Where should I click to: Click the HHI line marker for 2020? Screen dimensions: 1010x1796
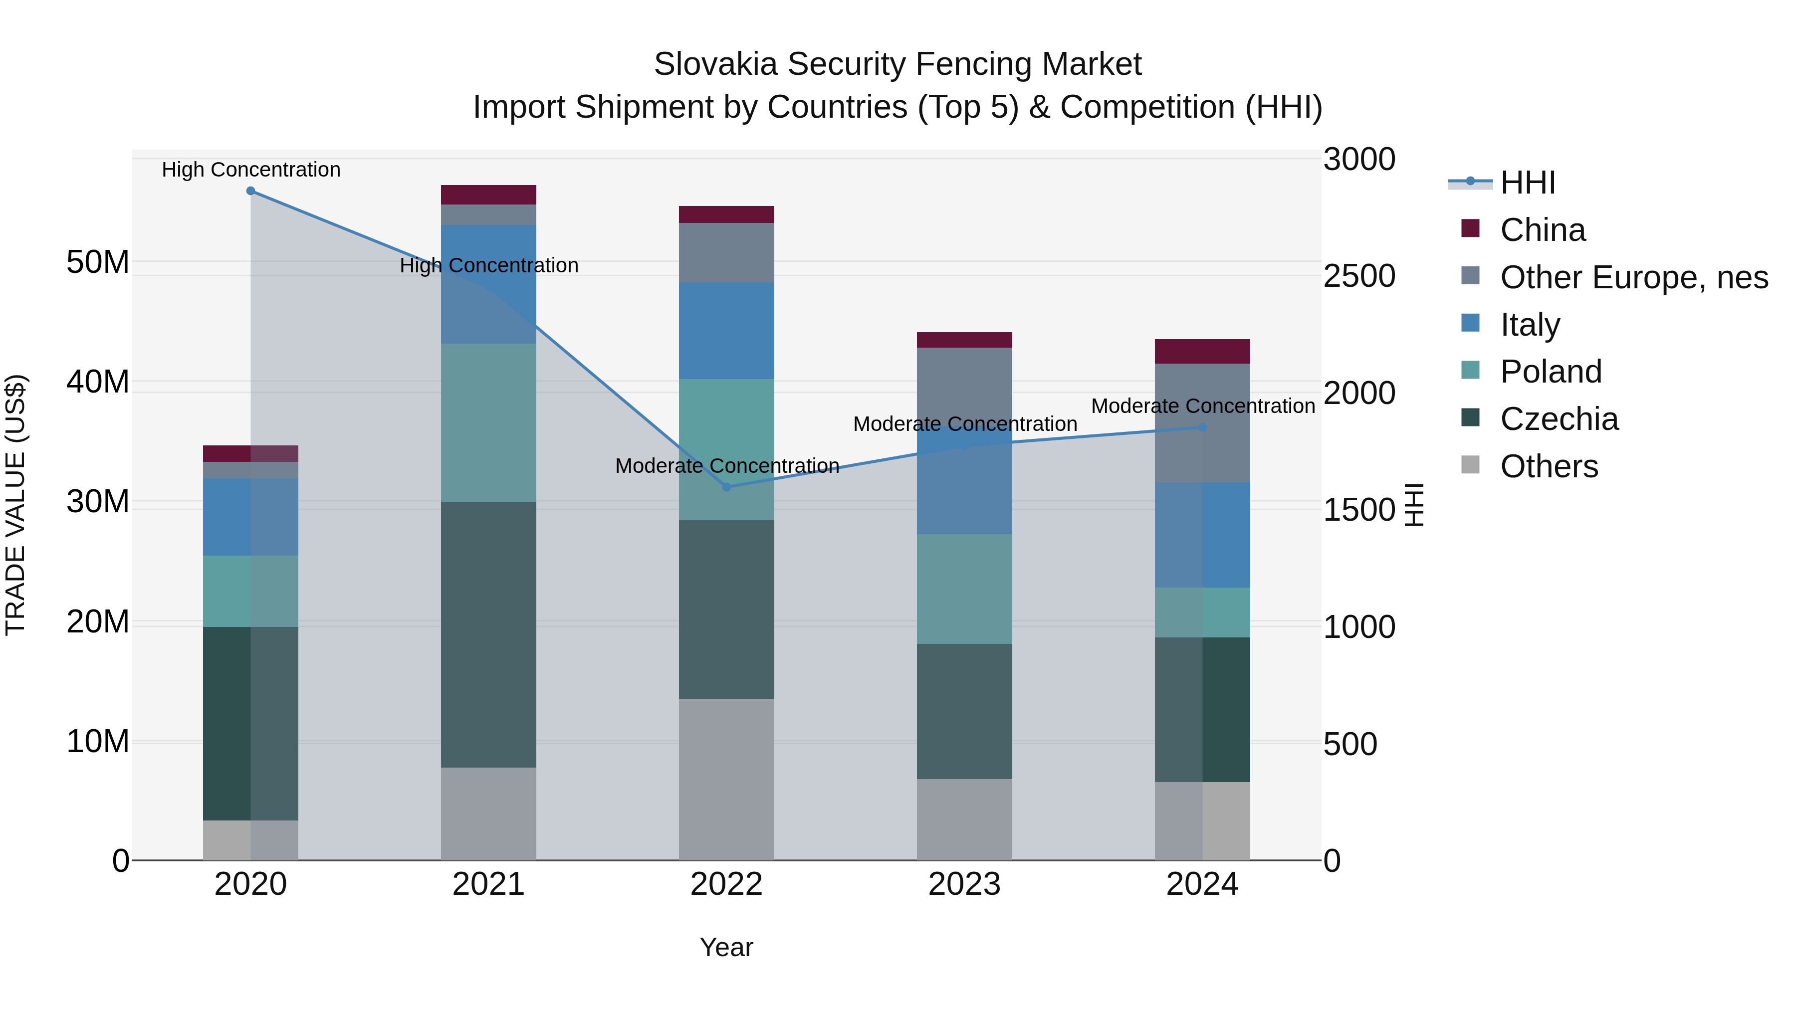[x=250, y=191]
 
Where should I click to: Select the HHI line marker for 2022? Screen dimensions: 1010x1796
[x=726, y=487]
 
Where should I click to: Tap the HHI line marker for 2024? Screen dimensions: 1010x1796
[x=1203, y=427]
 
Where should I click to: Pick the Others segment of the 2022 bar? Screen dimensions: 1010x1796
[x=726, y=779]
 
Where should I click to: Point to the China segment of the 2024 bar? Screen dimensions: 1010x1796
[x=1203, y=351]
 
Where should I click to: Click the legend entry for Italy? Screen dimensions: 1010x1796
[x=1530, y=325]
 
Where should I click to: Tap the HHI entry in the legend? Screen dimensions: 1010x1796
[x=1527, y=183]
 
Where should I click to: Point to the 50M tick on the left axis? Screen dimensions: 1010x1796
[x=98, y=263]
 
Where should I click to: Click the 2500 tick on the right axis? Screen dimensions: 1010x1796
[x=1359, y=276]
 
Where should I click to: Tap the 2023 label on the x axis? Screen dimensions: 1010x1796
[x=964, y=884]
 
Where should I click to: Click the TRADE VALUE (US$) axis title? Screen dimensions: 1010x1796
[x=15, y=505]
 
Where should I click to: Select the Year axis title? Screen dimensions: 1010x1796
[x=726, y=947]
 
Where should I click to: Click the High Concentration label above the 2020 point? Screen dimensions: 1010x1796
[x=251, y=170]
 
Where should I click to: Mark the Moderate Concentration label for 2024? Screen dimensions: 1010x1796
[x=1203, y=405]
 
